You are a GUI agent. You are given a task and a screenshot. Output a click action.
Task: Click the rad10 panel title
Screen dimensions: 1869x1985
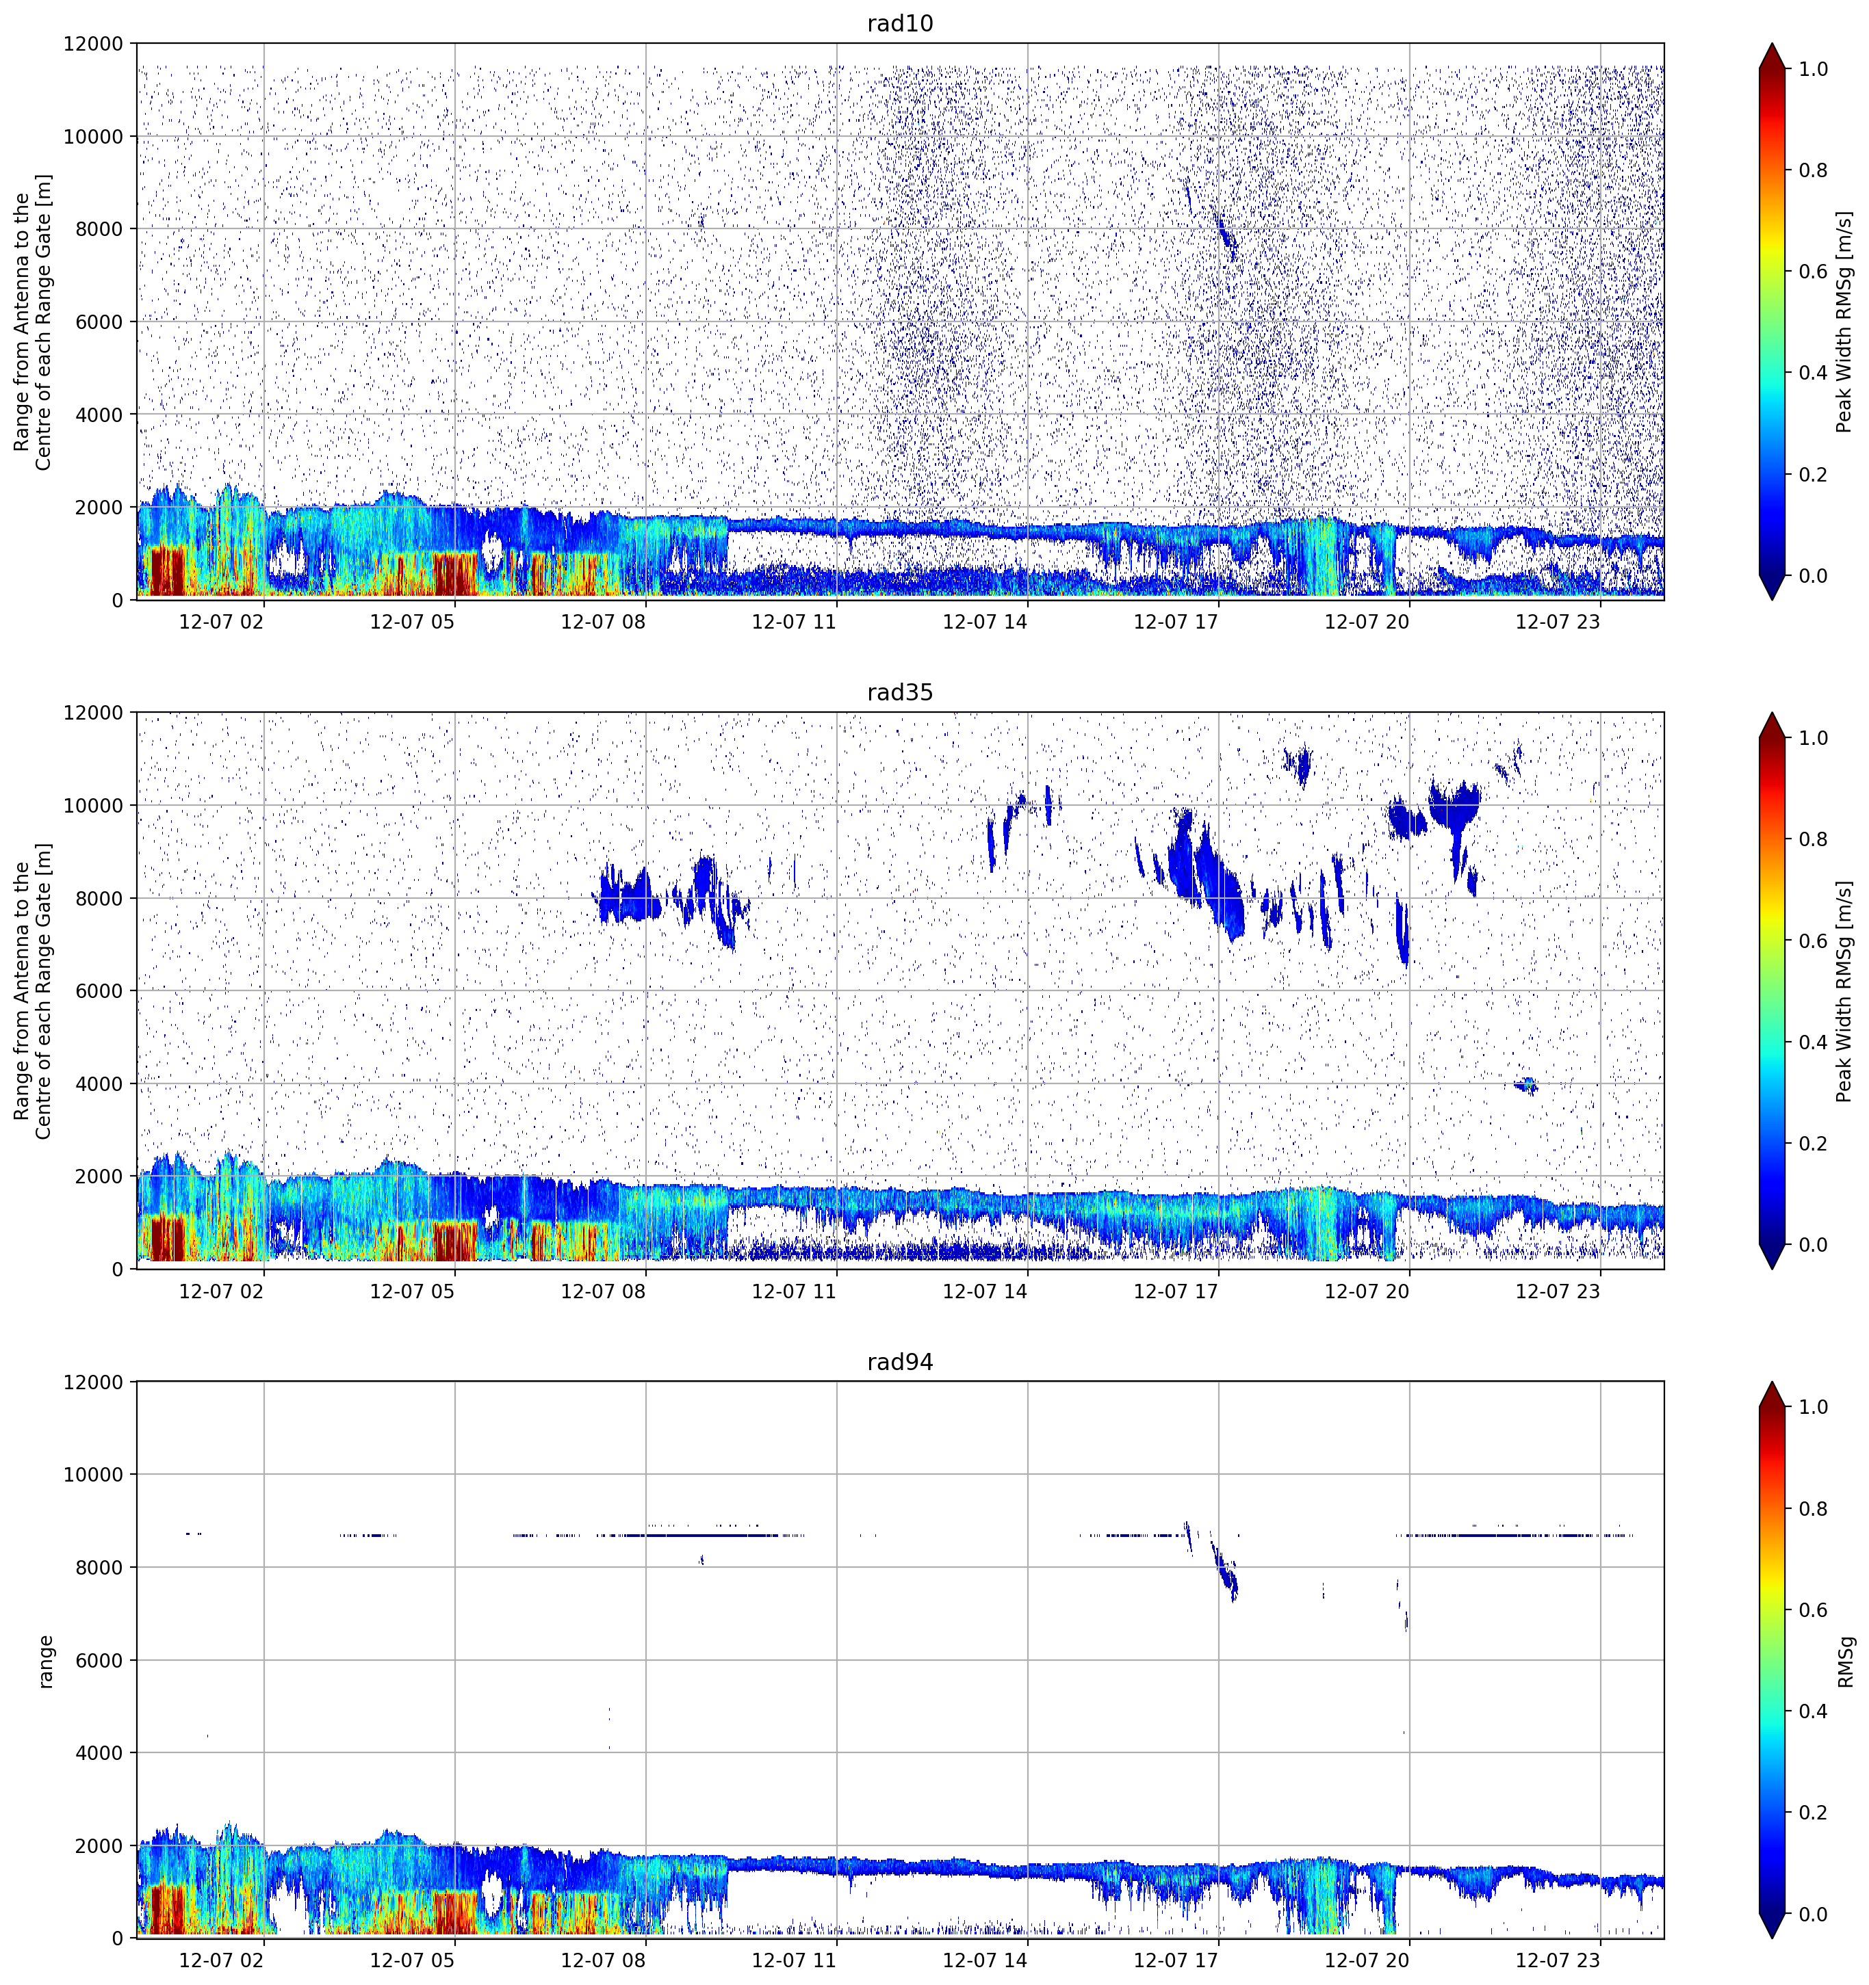899,23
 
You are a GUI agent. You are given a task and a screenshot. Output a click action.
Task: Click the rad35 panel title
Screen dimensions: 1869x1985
899,692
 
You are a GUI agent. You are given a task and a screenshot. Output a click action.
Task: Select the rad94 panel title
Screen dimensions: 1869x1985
899,1362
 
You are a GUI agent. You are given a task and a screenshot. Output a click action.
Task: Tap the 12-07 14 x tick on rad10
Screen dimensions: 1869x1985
984,622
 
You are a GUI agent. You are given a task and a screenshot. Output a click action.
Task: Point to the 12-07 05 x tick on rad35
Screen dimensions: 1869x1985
411,1291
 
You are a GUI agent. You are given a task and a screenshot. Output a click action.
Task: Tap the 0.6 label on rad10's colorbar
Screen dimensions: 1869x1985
1813,272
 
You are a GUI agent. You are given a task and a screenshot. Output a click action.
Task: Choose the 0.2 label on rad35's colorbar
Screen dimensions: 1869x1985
1813,1143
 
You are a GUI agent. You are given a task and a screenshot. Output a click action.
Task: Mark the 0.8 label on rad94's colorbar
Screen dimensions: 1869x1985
1813,1509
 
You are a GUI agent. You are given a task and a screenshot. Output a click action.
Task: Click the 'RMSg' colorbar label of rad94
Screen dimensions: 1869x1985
1846,1661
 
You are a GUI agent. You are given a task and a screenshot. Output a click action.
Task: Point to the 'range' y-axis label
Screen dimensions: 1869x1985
45,1661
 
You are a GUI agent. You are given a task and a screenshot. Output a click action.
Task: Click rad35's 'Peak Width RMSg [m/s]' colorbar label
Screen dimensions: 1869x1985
1844,990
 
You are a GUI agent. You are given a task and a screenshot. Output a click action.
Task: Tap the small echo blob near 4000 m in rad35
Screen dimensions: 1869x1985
1525,1086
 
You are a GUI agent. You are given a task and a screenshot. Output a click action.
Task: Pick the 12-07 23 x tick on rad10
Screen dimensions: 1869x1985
1558,622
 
